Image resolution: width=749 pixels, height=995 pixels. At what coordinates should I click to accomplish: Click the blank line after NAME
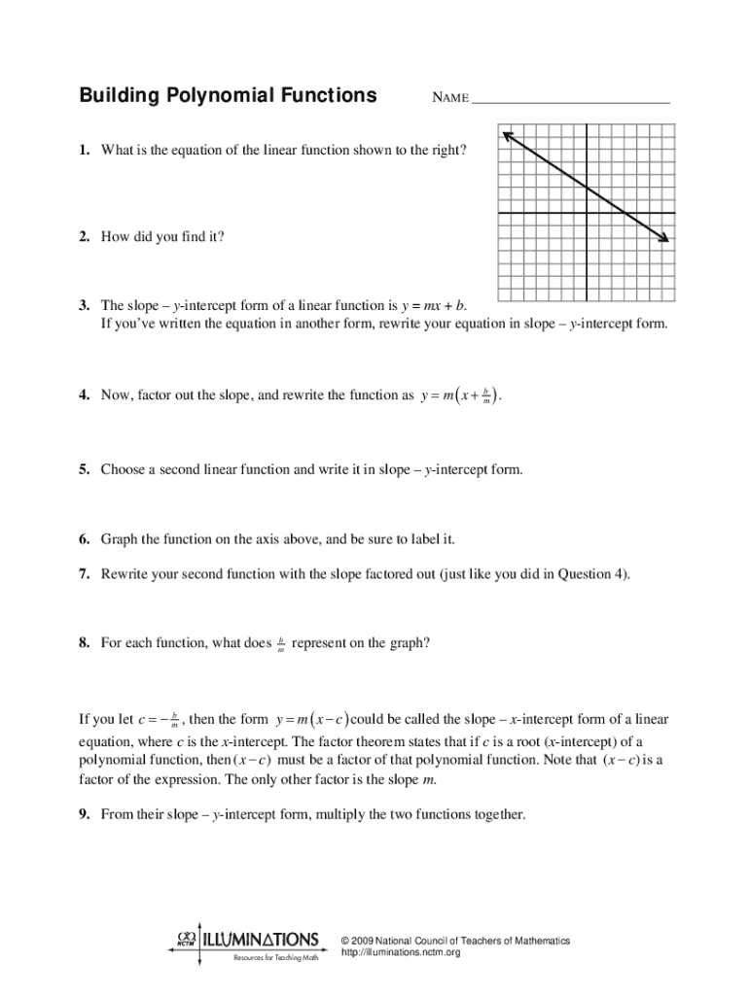tap(571, 100)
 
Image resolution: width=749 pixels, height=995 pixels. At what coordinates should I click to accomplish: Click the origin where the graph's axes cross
tap(586, 213)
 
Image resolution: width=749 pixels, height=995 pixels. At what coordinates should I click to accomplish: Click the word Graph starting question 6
tap(120, 538)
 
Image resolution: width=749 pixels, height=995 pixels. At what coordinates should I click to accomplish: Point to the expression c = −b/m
tap(160, 721)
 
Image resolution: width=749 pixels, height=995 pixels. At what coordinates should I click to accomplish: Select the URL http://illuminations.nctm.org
tap(400, 953)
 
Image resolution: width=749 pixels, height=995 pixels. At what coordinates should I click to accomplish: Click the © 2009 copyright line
tap(455, 941)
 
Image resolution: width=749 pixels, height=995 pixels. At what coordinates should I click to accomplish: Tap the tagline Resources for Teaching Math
tap(275, 958)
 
